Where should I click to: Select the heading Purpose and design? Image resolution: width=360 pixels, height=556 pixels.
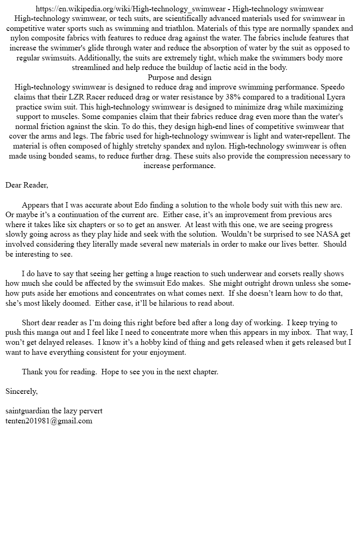coord(180,78)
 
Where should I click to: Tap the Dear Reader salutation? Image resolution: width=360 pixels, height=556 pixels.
coord(27,185)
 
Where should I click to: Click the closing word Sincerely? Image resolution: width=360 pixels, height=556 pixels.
coord(21,391)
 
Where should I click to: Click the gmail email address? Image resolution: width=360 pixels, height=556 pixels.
coord(49,421)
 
